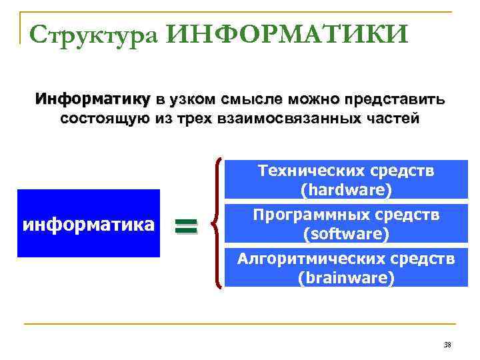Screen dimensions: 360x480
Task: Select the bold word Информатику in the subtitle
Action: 93,100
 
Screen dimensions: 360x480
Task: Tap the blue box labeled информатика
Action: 89,223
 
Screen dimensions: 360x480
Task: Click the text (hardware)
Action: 346,190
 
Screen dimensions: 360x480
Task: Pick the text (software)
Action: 346,234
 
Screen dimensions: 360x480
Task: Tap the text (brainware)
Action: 346,277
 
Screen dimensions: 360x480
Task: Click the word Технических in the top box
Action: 300,171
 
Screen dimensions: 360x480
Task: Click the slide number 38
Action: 447,345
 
